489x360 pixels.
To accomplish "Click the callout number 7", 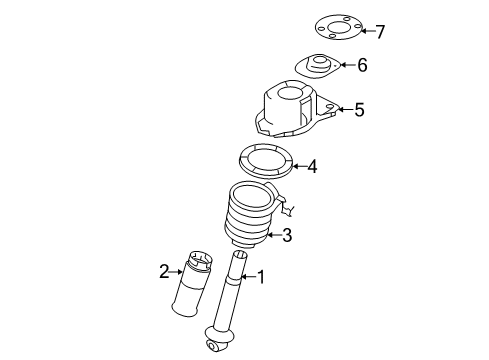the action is (380, 32).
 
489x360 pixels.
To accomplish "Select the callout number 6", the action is (362, 65).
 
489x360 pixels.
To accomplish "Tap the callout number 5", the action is (359, 110).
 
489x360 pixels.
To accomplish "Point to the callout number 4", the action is (312, 166).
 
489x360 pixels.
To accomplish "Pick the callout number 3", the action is (287, 235).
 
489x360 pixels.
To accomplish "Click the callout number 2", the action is (164, 272).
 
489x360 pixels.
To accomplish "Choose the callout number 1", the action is (261, 277).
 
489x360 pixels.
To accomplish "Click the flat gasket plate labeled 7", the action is (339, 27).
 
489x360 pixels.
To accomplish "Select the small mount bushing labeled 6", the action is (318, 66).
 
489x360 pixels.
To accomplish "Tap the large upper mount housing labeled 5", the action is (295, 109).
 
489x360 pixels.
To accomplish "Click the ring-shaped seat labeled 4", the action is (266, 161).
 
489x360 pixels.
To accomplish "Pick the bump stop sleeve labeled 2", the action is (192, 283).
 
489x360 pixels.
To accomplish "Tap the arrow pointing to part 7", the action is (369, 31).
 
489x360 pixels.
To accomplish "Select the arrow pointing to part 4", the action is (299, 166).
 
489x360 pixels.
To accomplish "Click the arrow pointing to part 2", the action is (176, 272).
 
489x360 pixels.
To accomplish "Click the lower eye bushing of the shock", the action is (212, 346).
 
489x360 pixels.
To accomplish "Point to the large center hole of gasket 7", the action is (338, 27).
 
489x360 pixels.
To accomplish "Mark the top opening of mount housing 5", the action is (289, 93).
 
